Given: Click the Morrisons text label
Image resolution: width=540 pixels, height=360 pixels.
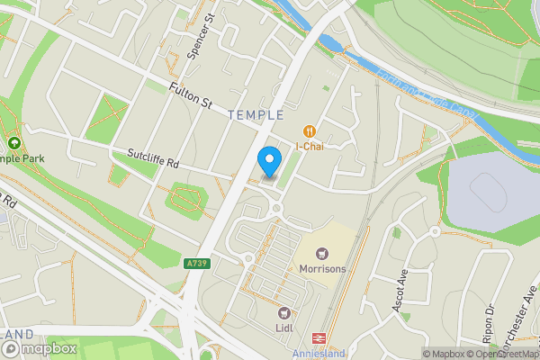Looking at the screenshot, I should point(321,269).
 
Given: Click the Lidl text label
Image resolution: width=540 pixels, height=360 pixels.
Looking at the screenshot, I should point(285,328).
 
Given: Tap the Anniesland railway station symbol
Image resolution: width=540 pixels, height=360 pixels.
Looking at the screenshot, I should point(319,337).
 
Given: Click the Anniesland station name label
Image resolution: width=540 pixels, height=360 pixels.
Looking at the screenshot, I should point(319,353).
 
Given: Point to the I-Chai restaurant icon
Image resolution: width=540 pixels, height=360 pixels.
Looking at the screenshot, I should point(310,130).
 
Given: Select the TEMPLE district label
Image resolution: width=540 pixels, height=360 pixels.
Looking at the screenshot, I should point(256,115).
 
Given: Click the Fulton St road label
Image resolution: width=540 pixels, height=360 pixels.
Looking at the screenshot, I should point(190,95).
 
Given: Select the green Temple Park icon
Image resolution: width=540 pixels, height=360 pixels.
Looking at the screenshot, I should point(13,143).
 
